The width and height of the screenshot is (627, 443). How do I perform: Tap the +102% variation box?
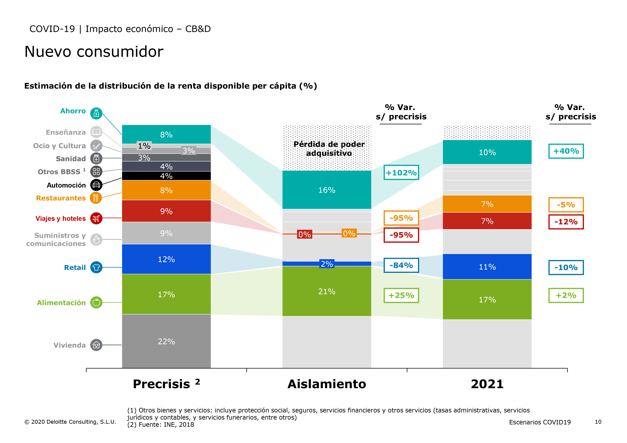pos(401,173)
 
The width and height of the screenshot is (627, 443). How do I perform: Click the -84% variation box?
pos(401,265)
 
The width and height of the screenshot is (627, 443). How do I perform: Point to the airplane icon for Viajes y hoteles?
pos(96,218)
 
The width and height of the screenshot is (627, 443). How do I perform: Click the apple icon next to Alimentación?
pos(96,302)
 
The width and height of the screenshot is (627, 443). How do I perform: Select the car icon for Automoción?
pos(96,185)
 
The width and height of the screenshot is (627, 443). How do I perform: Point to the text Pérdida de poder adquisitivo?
pos(329,148)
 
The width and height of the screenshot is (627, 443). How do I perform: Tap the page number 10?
pos(598,422)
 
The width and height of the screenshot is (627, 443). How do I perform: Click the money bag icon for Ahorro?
pos(96,113)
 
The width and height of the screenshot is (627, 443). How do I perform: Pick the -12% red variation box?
pos(566,222)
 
